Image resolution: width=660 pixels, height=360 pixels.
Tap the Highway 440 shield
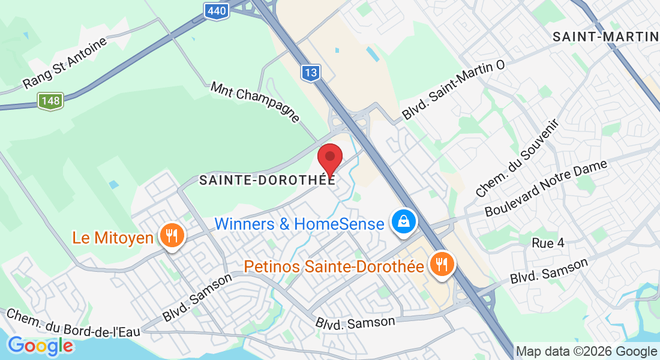coord(216,10)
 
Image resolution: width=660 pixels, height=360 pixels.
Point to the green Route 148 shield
coord(50,101)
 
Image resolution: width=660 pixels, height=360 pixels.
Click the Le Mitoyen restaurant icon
coord(172,235)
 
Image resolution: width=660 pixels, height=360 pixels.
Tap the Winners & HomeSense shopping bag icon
coord(404,221)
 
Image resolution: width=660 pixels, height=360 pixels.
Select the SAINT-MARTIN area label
coord(605,36)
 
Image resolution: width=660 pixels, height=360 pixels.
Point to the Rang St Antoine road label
coord(65,63)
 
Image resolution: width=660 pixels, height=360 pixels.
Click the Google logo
coord(40,346)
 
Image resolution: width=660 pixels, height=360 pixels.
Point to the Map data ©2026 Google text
coord(586,352)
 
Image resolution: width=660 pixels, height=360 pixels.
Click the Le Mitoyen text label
coord(113,238)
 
